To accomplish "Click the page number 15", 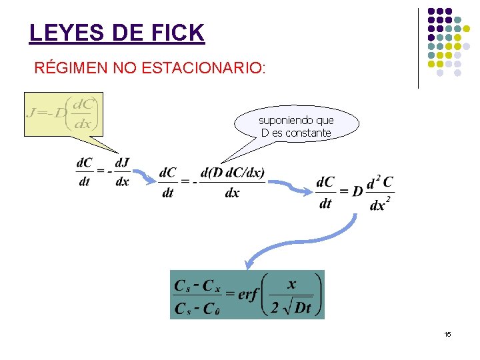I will pyautogui.click(x=448, y=334).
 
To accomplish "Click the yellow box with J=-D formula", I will pyautogui.click(x=63, y=114).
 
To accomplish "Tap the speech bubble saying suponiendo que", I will pyautogui.click(x=297, y=125).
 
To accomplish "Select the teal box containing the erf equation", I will pyautogui.click(x=247, y=294).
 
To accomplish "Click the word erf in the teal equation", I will pyautogui.click(x=247, y=294).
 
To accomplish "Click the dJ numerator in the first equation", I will pyautogui.click(x=122, y=162).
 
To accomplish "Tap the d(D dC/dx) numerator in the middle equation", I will pyautogui.click(x=232, y=173).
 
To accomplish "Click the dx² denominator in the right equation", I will pyautogui.click(x=378, y=204).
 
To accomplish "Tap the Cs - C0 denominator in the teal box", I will pyautogui.click(x=196, y=309).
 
